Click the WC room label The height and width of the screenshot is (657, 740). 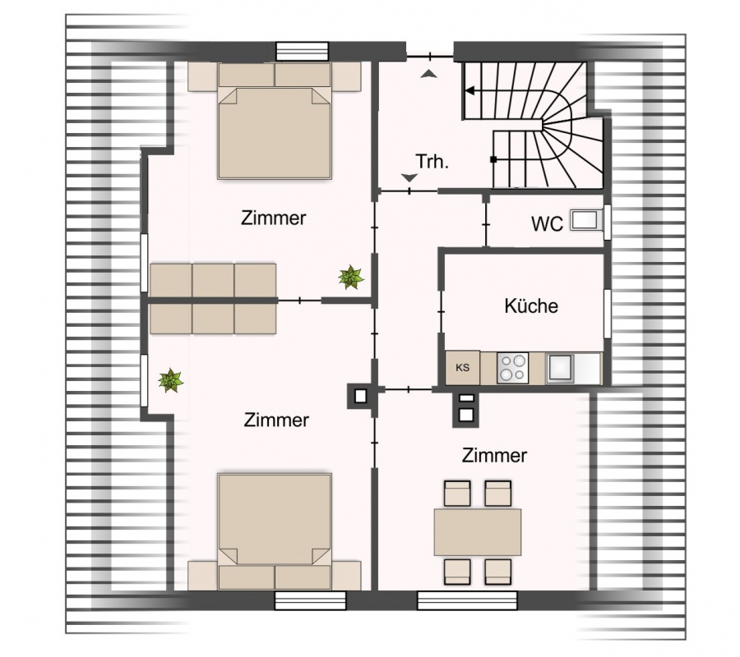(547, 224)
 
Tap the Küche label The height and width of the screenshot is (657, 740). (531, 306)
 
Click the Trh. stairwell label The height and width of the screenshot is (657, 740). (432, 162)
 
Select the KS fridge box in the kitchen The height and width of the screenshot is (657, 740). (462, 368)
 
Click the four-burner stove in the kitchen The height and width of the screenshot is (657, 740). (512, 368)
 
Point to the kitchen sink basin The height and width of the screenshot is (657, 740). (560, 368)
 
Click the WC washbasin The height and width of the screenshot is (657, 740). (586, 220)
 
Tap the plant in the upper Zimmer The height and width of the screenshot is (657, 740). (350, 277)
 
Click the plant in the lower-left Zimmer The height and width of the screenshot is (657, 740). (170, 380)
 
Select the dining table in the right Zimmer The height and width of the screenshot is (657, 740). (478, 532)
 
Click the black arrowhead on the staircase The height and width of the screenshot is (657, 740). (469, 90)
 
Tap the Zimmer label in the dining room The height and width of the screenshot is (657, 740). (494, 456)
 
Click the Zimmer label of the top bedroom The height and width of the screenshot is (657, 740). (273, 218)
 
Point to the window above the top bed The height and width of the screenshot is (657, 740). (302, 52)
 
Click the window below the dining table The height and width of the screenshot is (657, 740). (467, 600)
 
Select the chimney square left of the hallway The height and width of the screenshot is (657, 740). (361, 396)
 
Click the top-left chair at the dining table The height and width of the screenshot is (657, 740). (457, 494)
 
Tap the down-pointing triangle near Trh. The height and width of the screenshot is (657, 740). (409, 177)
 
